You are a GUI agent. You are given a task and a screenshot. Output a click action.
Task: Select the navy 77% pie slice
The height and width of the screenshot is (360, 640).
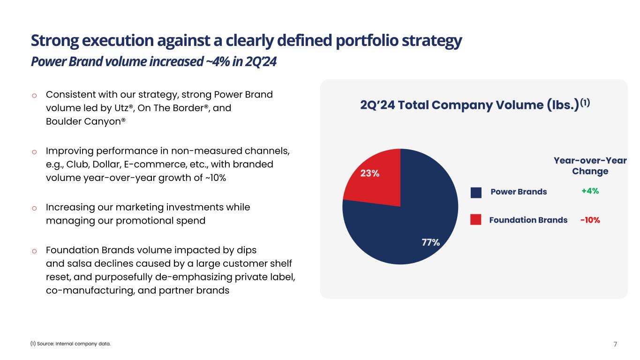413,220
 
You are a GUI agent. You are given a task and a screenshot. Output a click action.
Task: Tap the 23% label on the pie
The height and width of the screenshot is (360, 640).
369,173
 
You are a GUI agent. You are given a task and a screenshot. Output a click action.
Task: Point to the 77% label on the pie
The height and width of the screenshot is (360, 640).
430,242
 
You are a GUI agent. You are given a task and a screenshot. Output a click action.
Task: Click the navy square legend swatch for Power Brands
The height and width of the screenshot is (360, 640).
476,192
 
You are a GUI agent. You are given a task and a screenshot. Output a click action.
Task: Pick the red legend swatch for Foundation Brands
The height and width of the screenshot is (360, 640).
476,220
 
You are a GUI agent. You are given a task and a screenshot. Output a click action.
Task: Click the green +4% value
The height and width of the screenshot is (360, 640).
590,191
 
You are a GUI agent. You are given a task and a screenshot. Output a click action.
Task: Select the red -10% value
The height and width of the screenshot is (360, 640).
590,220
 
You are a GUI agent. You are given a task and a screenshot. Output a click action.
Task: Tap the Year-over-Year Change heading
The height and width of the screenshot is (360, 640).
590,166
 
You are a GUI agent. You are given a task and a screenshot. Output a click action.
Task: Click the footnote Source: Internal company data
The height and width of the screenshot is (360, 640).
70,344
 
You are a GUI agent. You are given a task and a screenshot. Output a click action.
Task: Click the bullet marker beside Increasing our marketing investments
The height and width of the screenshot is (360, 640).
34,208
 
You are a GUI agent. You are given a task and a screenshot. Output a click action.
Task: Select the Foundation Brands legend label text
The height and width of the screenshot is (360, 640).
528,220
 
